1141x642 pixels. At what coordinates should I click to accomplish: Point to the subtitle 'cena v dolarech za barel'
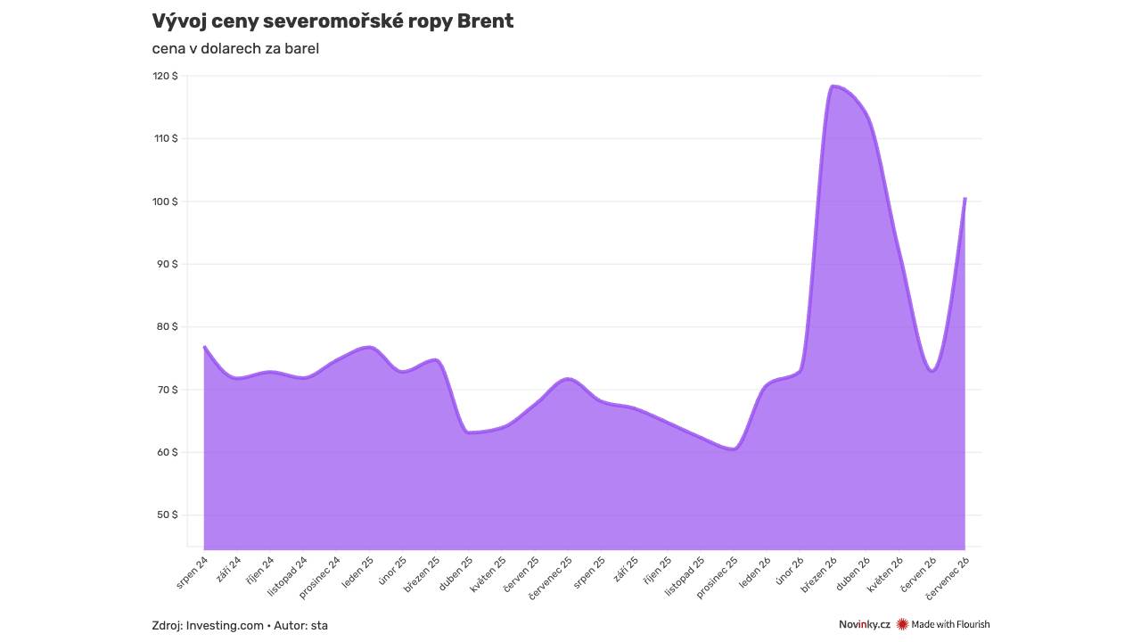[x=235, y=49]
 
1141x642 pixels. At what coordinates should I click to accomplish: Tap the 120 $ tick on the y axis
[x=165, y=76]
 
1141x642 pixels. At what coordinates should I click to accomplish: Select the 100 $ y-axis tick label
[x=165, y=202]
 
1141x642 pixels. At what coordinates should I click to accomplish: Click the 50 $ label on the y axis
[x=167, y=515]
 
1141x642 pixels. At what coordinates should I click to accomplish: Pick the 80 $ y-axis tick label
[x=167, y=326]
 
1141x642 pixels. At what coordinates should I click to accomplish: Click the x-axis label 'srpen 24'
[x=192, y=572]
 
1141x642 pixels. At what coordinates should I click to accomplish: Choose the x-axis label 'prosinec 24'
[x=319, y=577]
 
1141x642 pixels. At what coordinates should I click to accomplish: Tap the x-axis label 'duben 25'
[x=456, y=573]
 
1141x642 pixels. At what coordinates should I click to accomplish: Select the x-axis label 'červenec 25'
[x=551, y=578]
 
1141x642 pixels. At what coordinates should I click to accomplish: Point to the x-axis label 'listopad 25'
[x=685, y=576]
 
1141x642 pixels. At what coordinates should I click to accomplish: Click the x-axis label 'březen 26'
[x=818, y=574]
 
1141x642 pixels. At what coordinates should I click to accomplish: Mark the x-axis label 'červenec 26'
[x=948, y=578]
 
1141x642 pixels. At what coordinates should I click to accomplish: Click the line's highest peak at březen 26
[x=833, y=86]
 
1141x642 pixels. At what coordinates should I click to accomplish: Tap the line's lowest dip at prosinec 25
[x=734, y=449]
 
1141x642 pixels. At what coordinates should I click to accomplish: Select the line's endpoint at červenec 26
[x=965, y=198]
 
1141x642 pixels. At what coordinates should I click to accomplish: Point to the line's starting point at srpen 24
[x=204, y=347]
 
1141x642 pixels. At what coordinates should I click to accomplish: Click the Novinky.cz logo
[x=865, y=624]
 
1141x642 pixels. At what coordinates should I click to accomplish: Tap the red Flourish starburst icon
[x=902, y=624]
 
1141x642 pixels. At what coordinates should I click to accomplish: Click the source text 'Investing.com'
[x=225, y=626]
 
